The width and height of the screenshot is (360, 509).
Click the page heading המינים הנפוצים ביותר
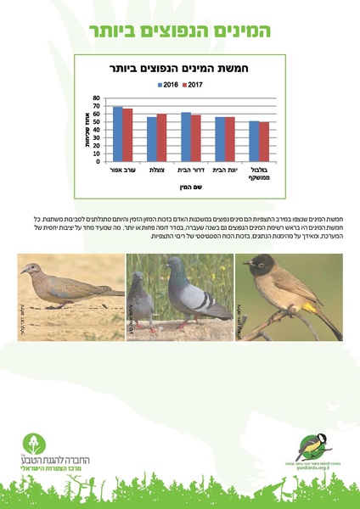point(179,31)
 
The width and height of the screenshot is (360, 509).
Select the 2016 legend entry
point(169,85)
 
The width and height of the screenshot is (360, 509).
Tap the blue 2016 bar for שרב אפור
point(118,134)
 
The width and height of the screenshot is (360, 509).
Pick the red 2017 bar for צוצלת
point(161,137)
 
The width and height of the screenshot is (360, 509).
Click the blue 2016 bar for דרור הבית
point(186,137)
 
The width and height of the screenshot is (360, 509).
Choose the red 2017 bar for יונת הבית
point(230,139)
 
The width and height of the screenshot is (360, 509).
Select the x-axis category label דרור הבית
point(190,171)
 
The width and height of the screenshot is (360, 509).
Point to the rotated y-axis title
point(89,131)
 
